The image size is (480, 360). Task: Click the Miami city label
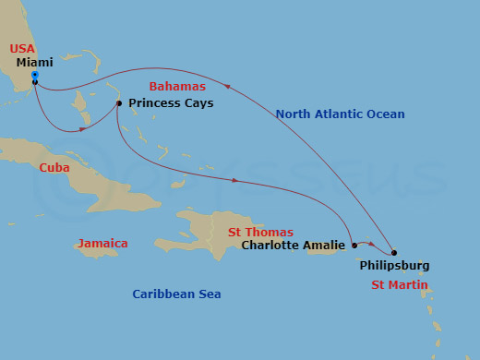point(36,63)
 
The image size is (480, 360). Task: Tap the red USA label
point(22,48)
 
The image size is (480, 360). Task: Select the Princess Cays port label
point(171,103)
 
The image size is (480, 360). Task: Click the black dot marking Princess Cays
point(119,103)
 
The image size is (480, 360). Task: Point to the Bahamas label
point(177,87)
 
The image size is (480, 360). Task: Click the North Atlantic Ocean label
point(340,114)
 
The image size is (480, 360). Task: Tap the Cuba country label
point(54,168)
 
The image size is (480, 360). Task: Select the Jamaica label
point(102,244)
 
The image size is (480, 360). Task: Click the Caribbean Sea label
point(176,294)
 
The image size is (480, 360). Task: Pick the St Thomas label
point(260,233)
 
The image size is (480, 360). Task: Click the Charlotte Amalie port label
point(293,246)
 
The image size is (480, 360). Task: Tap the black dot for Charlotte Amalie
point(354,246)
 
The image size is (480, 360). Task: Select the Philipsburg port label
point(394,266)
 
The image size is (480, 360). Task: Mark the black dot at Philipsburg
point(393,253)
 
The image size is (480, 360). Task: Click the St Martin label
point(400,285)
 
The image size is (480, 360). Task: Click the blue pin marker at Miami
point(34,76)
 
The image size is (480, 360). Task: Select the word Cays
point(198,103)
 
